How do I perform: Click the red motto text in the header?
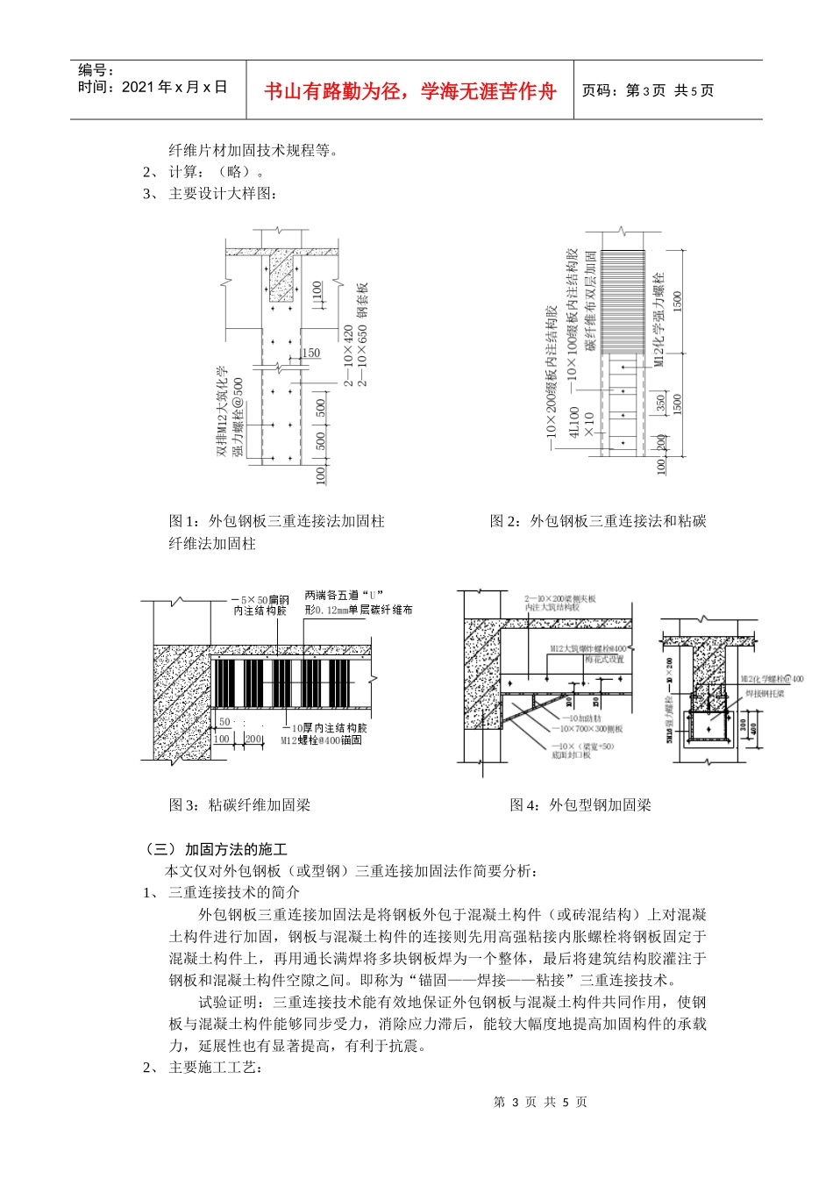[x=410, y=91]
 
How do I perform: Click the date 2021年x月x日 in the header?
[x=153, y=87]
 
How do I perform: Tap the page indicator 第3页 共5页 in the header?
[x=648, y=90]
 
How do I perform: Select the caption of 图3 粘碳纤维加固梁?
[x=239, y=804]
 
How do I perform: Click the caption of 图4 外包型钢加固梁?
[x=580, y=804]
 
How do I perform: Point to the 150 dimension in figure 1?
[x=311, y=353]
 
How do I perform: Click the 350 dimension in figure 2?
[x=661, y=403]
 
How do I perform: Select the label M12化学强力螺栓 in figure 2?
[x=659, y=319]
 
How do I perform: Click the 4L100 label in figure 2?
[x=574, y=422]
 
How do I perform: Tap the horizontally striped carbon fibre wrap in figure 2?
[x=623, y=303]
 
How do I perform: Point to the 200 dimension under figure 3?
[x=253, y=740]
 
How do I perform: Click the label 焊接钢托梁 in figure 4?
[x=765, y=693]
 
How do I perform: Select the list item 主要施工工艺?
[x=215, y=1067]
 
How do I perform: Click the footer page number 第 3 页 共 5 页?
[x=540, y=1102]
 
